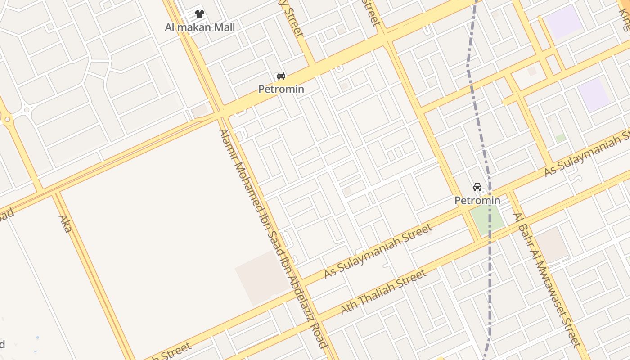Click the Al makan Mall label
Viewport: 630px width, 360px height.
coord(200,27)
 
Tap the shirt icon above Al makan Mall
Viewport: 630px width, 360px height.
coord(200,14)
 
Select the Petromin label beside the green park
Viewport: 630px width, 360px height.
coord(477,200)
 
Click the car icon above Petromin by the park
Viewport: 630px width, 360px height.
coord(477,187)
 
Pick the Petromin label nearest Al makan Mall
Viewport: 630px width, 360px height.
coord(281,89)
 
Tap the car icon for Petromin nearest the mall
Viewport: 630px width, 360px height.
coord(281,76)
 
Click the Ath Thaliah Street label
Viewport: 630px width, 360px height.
coord(383,292)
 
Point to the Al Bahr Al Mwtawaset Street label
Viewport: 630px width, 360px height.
coord(547,279)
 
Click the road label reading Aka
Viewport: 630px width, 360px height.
coord(65,224)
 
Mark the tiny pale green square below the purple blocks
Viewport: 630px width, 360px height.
coord(560,138)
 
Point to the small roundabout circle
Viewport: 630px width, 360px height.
coord(27,109)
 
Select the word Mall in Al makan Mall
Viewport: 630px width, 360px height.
coord(223,27)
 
